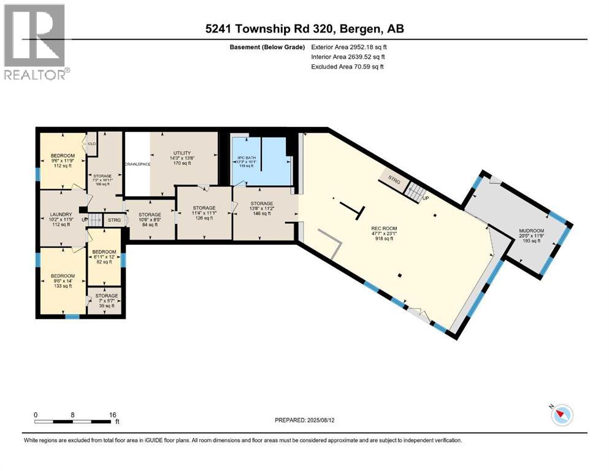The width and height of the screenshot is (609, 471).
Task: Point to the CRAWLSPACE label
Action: [137, 164]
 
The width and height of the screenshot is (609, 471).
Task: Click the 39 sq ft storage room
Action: [105, 301]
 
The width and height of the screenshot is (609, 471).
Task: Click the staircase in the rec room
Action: [416, 193]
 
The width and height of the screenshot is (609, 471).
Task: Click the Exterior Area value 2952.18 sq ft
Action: [348, 47]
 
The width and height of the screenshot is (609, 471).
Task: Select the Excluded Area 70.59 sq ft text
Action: [348, 66]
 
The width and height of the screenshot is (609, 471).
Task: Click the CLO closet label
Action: [93, 144]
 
